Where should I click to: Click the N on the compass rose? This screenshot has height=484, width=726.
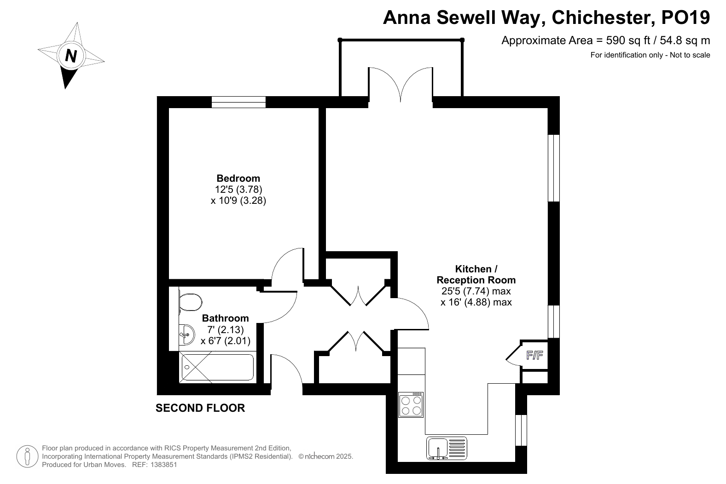pos(71,55)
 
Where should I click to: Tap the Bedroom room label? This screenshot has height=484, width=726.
pos(238,178)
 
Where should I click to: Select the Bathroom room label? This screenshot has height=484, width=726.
pos(225,318)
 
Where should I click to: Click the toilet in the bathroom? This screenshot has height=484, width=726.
pos(191,302)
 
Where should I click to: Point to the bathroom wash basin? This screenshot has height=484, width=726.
pos(187,334)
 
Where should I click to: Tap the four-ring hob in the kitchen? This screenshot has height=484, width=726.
pos(411,405)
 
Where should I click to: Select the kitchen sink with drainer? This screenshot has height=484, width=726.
pos(447,449)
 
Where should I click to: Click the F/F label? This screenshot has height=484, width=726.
pos(534,355)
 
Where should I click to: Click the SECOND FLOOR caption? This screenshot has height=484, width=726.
pos(200,408)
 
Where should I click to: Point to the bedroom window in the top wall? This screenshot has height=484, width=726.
pos(238,102)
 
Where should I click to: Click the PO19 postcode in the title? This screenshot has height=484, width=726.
pos(685,17)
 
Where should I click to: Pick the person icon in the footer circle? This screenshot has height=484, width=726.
pos(27,456)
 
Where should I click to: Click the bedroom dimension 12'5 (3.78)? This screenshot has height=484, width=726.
pos(238,189)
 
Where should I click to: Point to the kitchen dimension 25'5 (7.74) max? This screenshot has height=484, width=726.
pos(476,291)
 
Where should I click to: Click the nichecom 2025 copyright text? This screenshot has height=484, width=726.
pos(325,456)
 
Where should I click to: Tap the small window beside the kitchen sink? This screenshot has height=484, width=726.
pos(521,430)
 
